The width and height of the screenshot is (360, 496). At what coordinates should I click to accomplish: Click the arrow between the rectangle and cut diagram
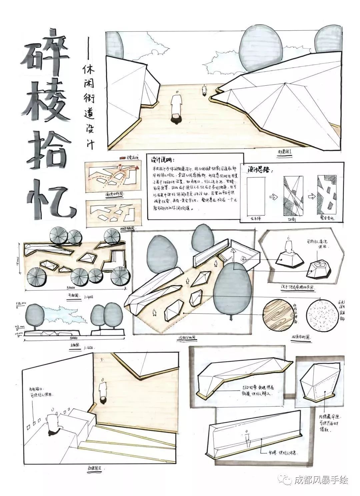(274, 197)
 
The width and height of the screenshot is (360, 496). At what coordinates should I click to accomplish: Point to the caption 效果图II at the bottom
(95, 468)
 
